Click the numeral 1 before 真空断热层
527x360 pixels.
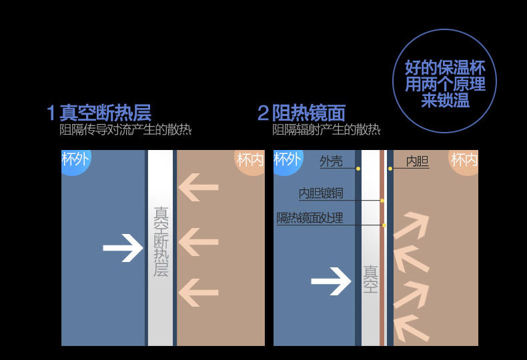click(51, 112)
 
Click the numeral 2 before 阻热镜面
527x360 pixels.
click(263, 112)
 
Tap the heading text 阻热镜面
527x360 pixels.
click(309, 112)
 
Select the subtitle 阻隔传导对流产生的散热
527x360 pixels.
click(125, 130)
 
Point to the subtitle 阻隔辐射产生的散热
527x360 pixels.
click(326, 130)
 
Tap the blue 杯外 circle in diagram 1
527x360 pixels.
click(73, 161)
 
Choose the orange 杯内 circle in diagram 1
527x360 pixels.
click(251, 161)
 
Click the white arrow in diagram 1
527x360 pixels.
click(123, 249)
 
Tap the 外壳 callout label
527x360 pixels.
click(331, 161)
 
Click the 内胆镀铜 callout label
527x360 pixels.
click(321, 193)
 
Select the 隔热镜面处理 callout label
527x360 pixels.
click(310, 218)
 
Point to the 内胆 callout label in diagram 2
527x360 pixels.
click(418, 161)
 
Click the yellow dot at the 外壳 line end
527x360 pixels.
click(358, 169)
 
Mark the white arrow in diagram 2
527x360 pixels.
click(332, 281)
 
